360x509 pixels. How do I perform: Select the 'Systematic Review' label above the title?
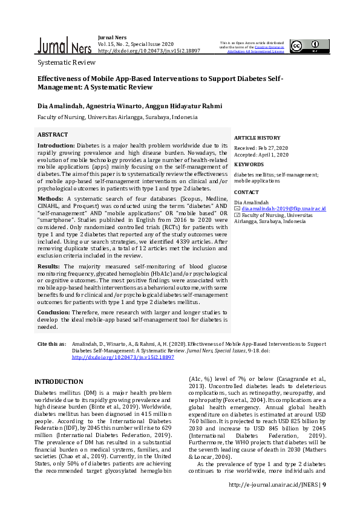(x=67, y=62)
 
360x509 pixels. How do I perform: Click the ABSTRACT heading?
(x=53, y=135)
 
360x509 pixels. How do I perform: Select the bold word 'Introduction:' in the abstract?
(x=56, y=146)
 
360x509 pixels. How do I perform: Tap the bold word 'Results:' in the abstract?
(x=50, y=266)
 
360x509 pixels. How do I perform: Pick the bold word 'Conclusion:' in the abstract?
(x=55, y=313)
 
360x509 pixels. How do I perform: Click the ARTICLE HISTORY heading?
(x=257, y=138)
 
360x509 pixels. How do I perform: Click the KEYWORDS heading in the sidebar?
(x=249, y=164)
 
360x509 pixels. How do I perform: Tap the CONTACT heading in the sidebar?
(x=246, y=192)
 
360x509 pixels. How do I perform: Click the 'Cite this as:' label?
(x=52, y=344)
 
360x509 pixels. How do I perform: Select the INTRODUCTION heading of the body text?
(x=59, y=381)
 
